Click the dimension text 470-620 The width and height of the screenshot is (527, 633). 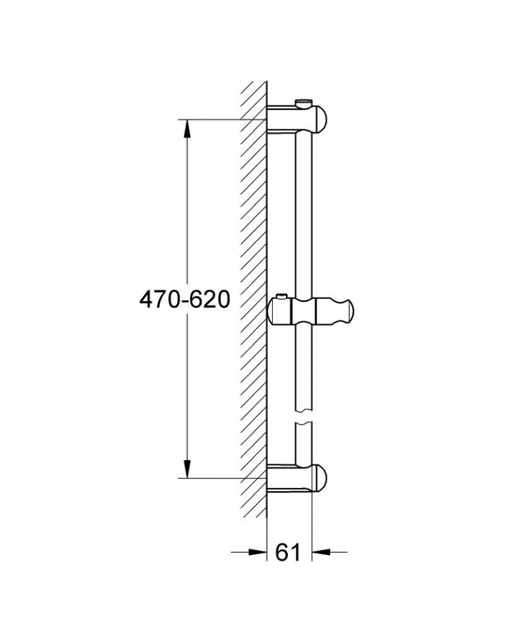184,300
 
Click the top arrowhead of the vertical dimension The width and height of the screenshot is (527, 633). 187,129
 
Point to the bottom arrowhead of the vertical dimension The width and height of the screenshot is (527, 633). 187,468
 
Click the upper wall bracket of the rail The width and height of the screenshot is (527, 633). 296,117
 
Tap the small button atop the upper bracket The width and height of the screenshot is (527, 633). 304,102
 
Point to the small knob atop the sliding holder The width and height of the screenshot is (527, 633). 282,295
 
